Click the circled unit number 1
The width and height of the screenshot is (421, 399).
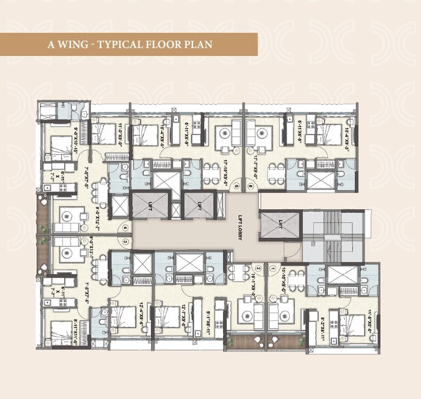pyautogui.click(x=273, y=268)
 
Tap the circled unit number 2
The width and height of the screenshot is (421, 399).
pyautogui.click(x=258, y=268)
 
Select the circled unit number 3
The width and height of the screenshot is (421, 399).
pyautogui.click(x=125, y=241)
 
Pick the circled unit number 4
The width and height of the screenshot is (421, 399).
pyautogui.click(x=125, y=227)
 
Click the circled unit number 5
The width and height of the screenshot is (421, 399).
pyautogui.click(x=236, y=186)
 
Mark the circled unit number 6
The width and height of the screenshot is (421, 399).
pyautogui.click(x=250, y=186)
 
